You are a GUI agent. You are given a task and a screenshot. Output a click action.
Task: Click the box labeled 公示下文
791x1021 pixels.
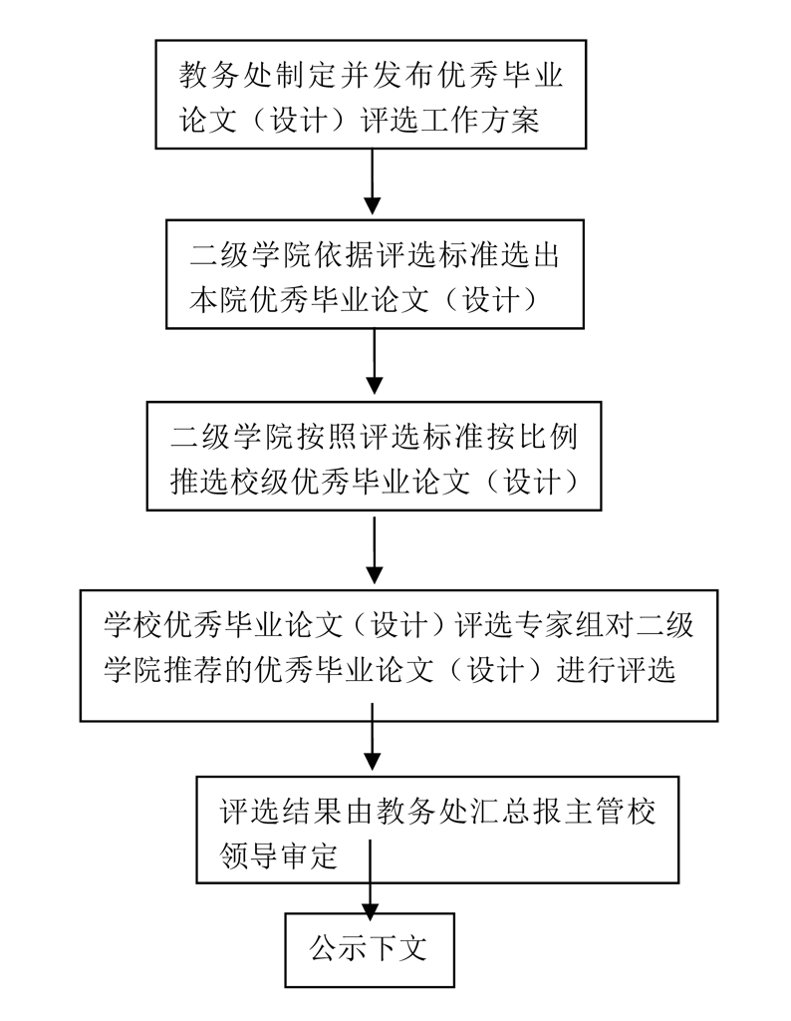click(x=369, y=947)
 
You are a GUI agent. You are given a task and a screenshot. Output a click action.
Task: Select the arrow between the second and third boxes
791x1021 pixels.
click(x=375, y=363)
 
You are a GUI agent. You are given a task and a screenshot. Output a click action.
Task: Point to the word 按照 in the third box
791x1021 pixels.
click(x=312, y=435)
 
